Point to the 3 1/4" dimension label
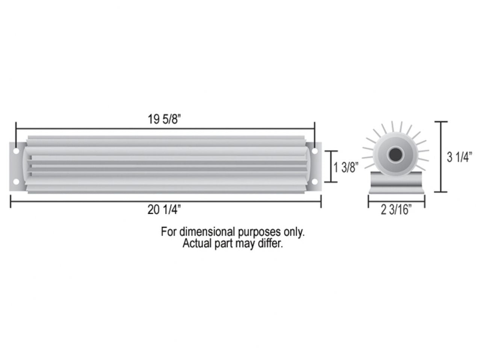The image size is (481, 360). click(459, 158)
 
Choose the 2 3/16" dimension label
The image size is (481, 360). click(396, 210)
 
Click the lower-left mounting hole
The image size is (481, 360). click(16, 182)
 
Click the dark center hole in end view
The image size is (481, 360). click(394, 154)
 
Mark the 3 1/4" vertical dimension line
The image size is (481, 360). click(441, 157)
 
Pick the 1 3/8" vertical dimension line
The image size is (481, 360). click(331, 167)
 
